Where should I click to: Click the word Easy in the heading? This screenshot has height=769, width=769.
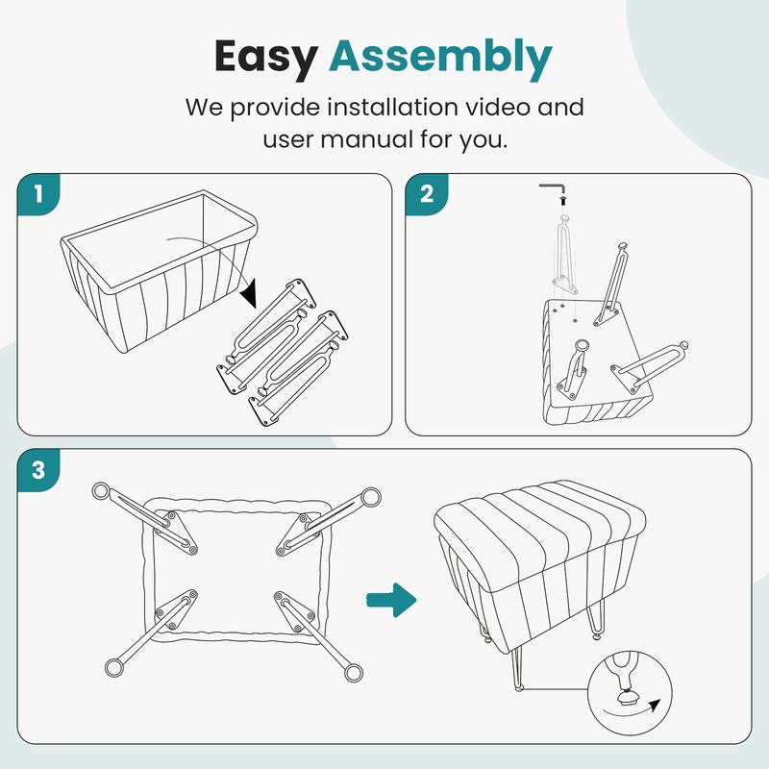click(x=266, y=58)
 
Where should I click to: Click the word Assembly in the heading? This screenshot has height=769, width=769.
click(x=440, y=57)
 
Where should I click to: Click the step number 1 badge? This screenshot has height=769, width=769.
click(x=38, y=194)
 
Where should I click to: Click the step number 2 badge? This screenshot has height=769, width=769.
click(x=427, y=194)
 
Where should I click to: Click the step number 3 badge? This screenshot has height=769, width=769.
click(x=38, y=470)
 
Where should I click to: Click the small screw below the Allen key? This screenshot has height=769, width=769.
click(x=563, y=200)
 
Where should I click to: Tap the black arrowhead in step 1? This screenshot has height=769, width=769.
click(x=249, y=293)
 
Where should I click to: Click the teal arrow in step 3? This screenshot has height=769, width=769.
click(x=391, y=600)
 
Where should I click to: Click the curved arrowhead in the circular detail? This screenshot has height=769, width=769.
click(x=654, y=706)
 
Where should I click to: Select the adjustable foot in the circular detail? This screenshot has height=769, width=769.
click(x=626, y=696)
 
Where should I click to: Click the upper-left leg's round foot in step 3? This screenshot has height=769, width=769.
click(x=101, y=490)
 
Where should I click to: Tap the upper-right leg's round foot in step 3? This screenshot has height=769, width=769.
click(x=371, y=497)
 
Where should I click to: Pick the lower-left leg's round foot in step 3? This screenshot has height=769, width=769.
click(x=114, y=667)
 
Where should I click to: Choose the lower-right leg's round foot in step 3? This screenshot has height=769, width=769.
click(x=353, y=672)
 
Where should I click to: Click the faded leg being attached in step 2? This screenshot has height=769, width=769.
click(x=565, y=255)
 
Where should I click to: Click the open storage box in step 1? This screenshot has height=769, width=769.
click(x=160, y=270)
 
